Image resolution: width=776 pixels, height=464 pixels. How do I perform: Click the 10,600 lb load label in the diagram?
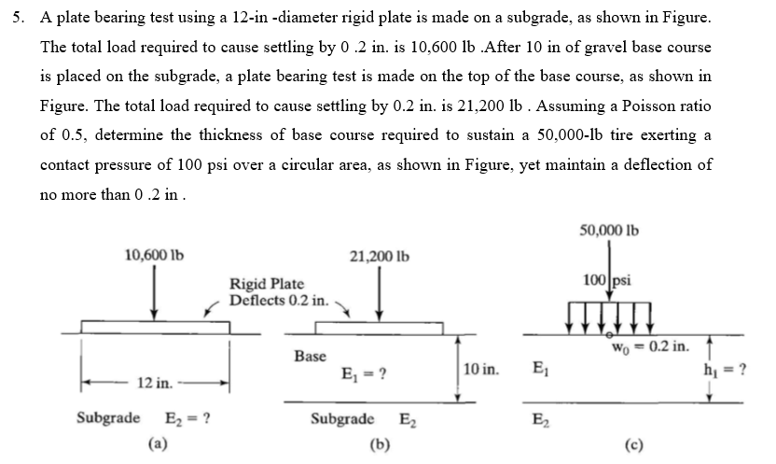(x=154, y=252)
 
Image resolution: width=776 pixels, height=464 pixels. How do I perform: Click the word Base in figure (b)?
(x=310, y=356)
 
